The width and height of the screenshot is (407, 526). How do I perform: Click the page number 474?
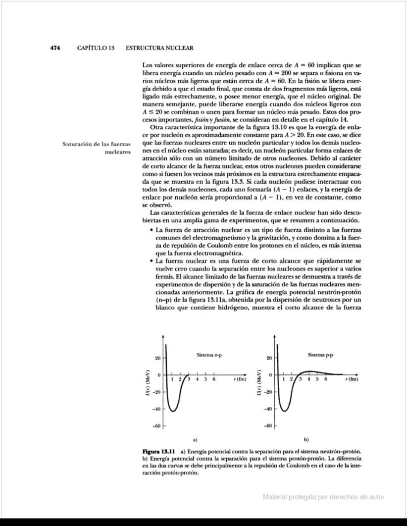[x=54, y=48]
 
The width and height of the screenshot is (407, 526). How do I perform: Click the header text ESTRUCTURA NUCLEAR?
[x=159, y=48]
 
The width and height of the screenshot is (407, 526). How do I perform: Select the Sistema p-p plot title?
[x=320, y=355]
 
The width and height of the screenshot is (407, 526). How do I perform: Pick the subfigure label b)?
[x=306, y=439]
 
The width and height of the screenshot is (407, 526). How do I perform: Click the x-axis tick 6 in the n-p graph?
[x=213, y=379]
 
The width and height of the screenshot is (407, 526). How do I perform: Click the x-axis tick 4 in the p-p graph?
[x=309, y=379]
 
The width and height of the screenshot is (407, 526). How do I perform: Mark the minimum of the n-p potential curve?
[x=172, y=411]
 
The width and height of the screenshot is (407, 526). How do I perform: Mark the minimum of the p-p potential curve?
[x=284, y=411]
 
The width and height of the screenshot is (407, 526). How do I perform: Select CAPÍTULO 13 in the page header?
[x=97, y=48]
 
